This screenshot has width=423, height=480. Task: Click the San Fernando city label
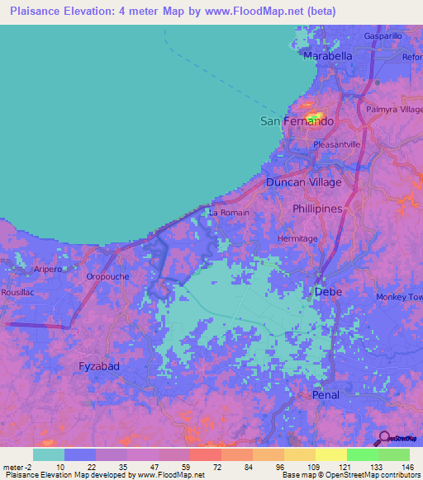coord(297,121)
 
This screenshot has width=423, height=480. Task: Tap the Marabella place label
coord(328,55)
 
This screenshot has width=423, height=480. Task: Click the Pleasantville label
coord(337,144)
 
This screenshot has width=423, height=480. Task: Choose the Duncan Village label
coord(303,182)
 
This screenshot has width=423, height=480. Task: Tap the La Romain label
coord(229,213)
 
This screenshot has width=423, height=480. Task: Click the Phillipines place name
coord(317,209)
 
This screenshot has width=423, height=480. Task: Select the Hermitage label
coord(297,238)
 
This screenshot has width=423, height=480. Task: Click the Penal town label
coord(326,395)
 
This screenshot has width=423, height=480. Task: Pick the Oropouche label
coord(108,277)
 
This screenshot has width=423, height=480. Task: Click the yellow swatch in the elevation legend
coord(330,454)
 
